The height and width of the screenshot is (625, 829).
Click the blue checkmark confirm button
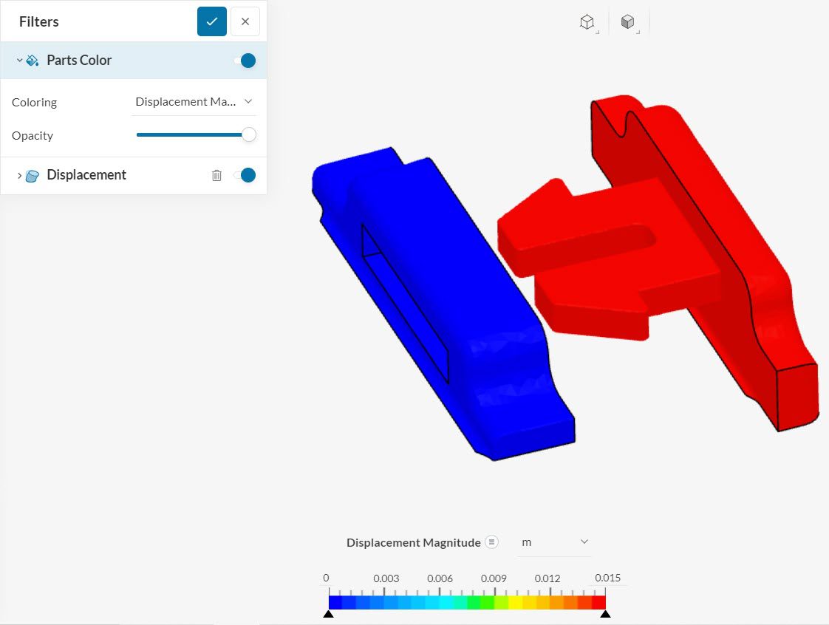pyautogui.click(x=211, y=21)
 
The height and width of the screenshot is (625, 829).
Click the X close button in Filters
pyautogui.click(x=245, y=21)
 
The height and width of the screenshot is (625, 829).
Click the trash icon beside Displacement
pyautogui.click(x=216, y=175)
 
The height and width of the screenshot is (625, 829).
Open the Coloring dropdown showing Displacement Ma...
pyautogui.click(x=194, y=102)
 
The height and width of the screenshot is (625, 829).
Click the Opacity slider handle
pyautogui.click(x=249, y=135)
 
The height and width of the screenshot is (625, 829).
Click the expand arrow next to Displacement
pyautogui.click(x=19, y=175)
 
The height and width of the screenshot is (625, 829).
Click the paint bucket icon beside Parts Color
pyautogui.click(x=33, y=61)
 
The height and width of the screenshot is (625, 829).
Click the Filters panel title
pyautogui.click(x=39, y=22)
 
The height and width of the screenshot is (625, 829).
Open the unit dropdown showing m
pyautogui.click(x=554, y=542)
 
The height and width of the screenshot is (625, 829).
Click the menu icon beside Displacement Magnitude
pyautogui.click(x=491, y=542)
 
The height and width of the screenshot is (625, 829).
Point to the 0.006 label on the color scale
pyautogui.click(x=440, y=578)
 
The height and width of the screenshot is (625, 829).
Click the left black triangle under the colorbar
pyautogui.click(x=329, y=614)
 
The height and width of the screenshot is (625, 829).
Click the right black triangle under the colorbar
pyautogui.click(x=605, y=614)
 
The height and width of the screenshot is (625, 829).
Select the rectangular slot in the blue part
pyautogui.click(x=405, y=303)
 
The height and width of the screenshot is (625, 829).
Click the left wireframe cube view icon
pyautogui.click(x=587, y=22)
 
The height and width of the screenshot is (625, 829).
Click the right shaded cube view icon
pyautogui.click(x=627, y=22)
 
